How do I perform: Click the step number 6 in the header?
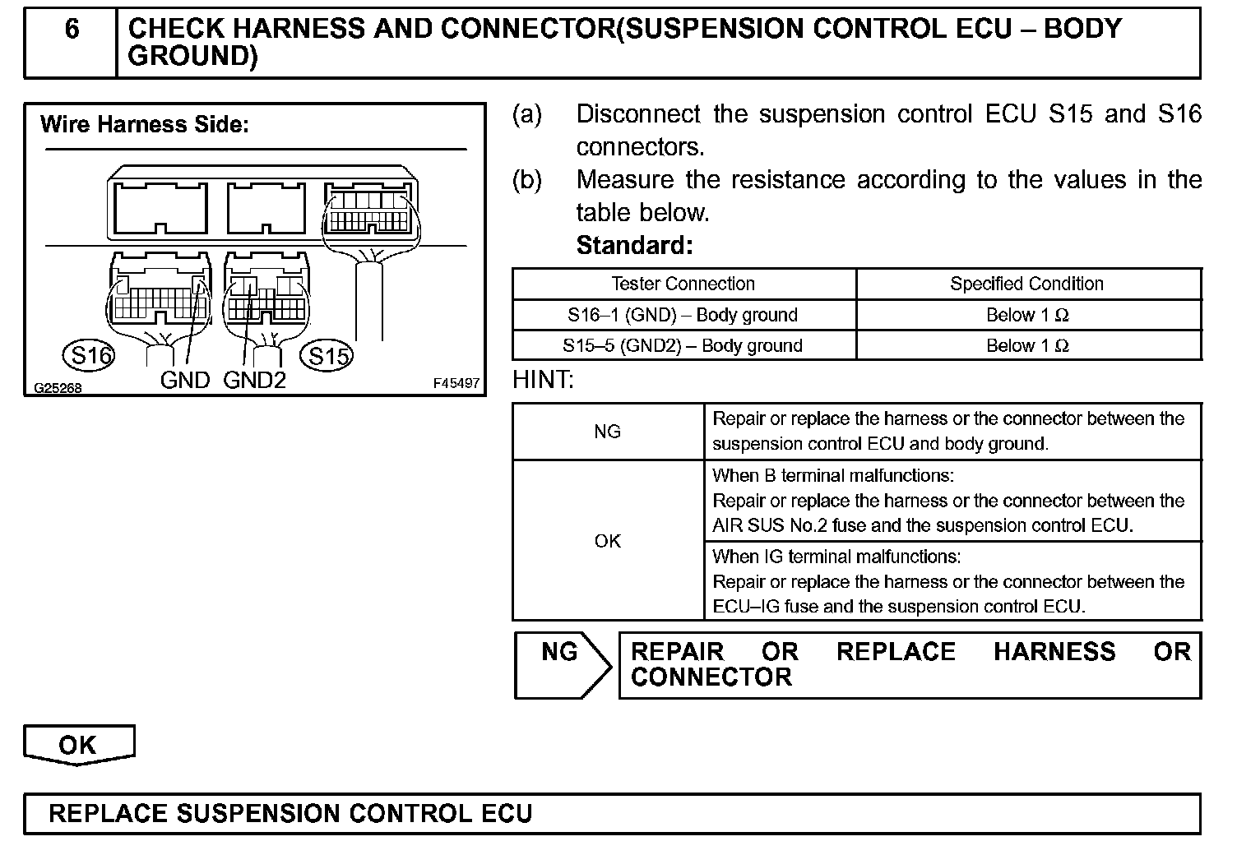point(72,30)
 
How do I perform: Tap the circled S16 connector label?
point(89,355)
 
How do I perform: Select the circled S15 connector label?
point(328,355)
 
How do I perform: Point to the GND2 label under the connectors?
point(254,380)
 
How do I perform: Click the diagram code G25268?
point(58,388)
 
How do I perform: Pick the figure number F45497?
point(456,384)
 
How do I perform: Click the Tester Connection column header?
point(683,284)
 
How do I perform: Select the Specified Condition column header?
point(1026,284)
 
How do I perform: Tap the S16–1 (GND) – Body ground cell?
point(683,316)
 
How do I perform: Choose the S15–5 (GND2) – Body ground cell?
point(683,346)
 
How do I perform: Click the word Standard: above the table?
point(634,245)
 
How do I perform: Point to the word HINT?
point(543,380)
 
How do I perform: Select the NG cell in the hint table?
point(607,432)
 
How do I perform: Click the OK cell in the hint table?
point(607,541)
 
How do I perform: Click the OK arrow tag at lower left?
point(78,745)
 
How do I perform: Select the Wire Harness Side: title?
point(144,125)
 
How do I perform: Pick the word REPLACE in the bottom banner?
point(107,814)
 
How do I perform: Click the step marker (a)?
point(526,114)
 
